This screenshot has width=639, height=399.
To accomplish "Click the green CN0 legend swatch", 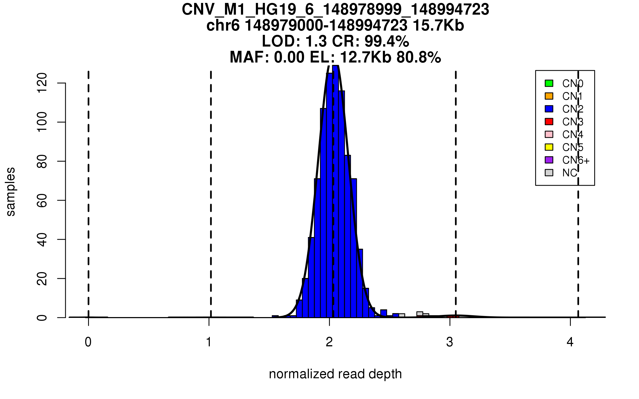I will (549, 83).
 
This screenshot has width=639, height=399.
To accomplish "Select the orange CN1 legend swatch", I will (549, 96).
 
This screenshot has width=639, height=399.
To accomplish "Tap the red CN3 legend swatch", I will (549, 122).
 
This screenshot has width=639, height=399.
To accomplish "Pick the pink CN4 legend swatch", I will (549, 134).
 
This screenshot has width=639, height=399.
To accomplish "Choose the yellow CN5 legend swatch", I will (549, 147).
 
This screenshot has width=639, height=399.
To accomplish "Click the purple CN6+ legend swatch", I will (549, 160).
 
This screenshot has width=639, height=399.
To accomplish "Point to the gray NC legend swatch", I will (549, 173).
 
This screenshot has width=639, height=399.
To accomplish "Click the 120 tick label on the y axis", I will (42, 83).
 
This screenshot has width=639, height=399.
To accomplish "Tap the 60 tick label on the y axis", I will (42, 200).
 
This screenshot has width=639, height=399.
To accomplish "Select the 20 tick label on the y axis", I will (42, 279).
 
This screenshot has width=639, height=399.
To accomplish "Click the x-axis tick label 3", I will (450, 342).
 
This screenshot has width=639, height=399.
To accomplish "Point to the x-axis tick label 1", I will (209, 342).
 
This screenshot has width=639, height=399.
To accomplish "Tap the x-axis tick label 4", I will (570, 342).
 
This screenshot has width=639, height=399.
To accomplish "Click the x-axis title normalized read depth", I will (335, 374).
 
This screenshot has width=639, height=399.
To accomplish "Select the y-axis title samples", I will (11, 192).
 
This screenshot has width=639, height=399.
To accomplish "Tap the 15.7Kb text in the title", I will (438, 26).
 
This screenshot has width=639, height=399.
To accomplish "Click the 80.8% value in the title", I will (419, 57).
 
